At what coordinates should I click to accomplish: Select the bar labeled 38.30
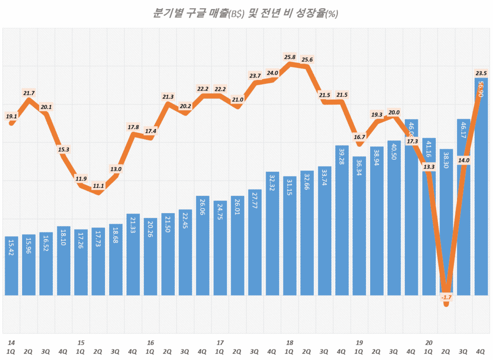point(446,221)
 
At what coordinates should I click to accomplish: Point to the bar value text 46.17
point(464,132)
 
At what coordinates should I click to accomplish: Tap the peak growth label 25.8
point(290,57)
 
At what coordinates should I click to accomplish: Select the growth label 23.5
point(481,73)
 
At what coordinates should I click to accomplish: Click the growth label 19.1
point(12,116)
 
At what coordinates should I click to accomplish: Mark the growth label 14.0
point(464,160)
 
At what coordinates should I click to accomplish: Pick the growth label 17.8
point(133,127)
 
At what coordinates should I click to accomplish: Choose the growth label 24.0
point(272,73)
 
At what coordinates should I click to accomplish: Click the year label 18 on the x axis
point(289,343)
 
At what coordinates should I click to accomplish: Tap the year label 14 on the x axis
point(11,343)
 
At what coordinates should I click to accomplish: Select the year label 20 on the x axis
point(428,343)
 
